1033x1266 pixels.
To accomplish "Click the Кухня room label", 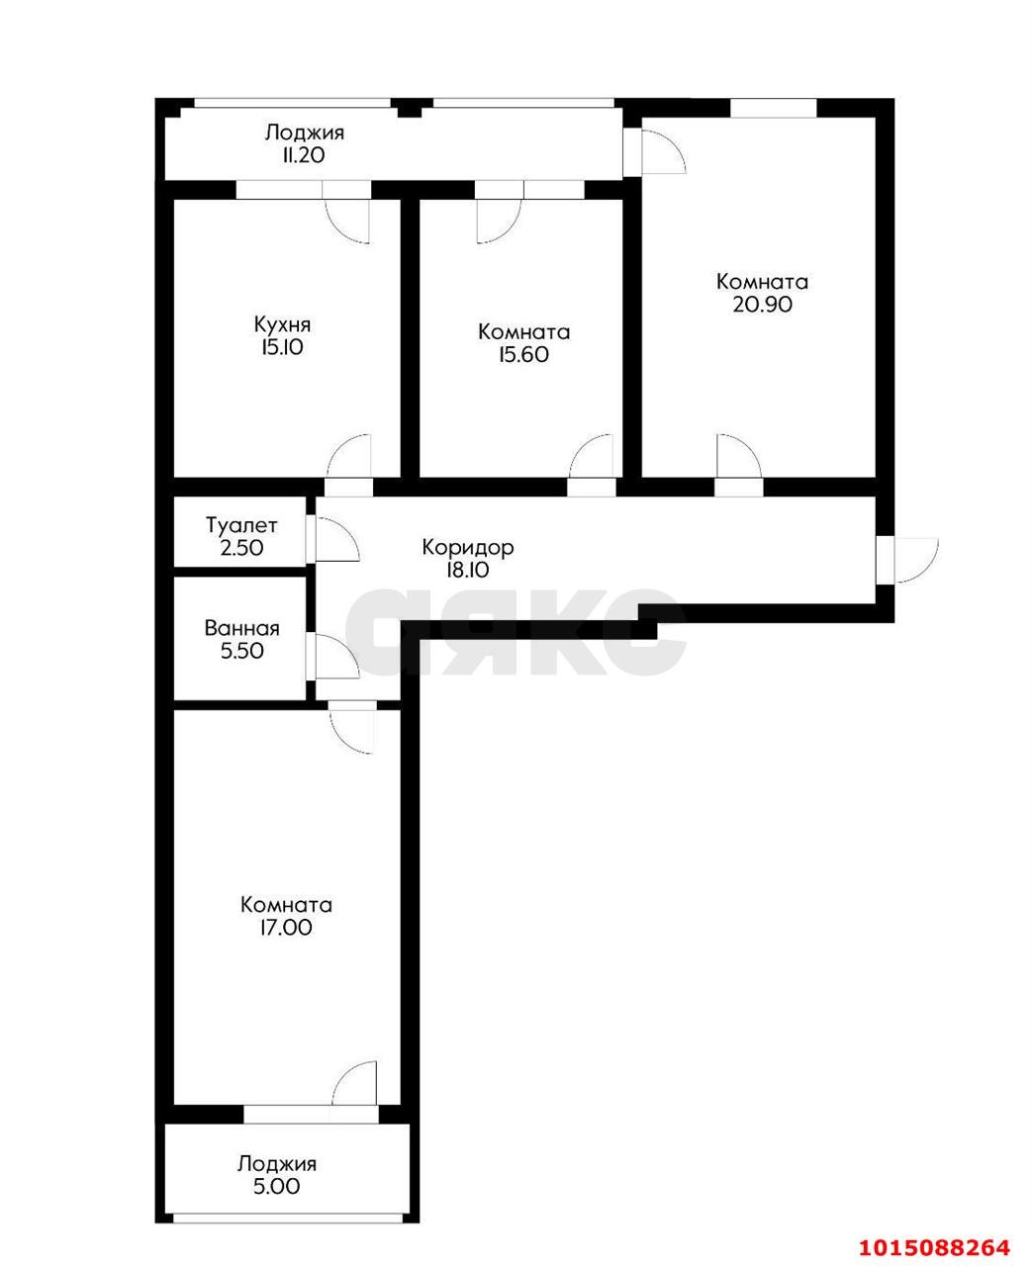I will (282, 324).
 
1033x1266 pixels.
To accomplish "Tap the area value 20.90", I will (762, 305).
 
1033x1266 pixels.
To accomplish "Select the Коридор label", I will (467, 547).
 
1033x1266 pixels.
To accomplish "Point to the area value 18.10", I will (467, 570).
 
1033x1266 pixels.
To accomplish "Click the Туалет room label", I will (241, 525).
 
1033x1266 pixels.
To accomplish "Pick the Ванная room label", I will (241, 628).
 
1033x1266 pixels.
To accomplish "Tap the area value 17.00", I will (285, 928).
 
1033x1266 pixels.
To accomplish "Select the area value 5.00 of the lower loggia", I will (276, 1186).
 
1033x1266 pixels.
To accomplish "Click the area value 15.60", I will (523, 355).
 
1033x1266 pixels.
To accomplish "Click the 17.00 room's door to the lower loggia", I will (356, 1084).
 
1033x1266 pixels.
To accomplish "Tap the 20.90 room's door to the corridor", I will (738, 457).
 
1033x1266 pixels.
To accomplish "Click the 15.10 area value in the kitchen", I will (282, 347).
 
